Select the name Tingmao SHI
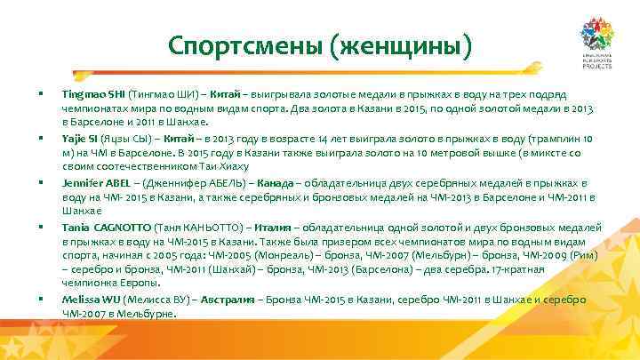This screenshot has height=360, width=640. [93, 93]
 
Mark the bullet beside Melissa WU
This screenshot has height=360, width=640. [41, 300]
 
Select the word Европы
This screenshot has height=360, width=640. [133, 284]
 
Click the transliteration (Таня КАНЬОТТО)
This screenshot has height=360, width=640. [201, 228]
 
